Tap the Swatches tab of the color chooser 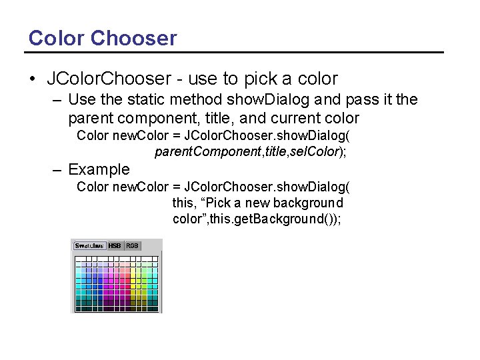pyautogui.click(x=89, y=245)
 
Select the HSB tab pyautogui.click(x=115, y=245)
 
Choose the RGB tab pyautogui.click(x=133, y=245)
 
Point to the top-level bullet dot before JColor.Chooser pyautogui.click(x=33, y=79)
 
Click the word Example pyautogui.click(x=99, y=169)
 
